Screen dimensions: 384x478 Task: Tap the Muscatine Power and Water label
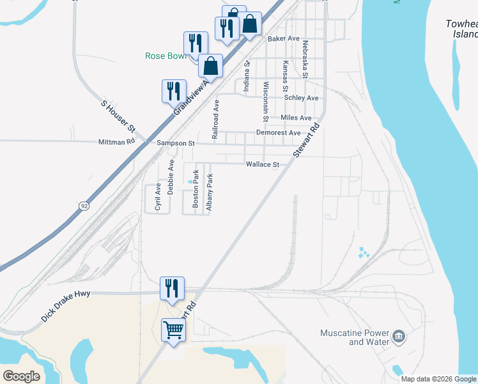click(x=355, y=337)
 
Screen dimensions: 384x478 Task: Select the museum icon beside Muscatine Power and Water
click(x=399, y=336)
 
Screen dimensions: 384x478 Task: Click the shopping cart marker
click(x=174, y=330)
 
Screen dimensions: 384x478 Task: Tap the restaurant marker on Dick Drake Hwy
click(x=172, y=288)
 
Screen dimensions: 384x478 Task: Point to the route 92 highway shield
click(x=84, y=206)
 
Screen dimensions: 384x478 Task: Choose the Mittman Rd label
click(x=117, y=142)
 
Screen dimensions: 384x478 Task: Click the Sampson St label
click(x=176, y=143)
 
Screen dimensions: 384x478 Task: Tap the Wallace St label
click(x=263, y=164)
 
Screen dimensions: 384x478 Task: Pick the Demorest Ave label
click(x=278, y=132)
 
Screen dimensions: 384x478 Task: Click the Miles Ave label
click(x=296, y=118)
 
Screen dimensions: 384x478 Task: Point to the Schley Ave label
click(x=301, y=98)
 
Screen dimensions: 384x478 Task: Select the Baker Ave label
click(x=284, y=38)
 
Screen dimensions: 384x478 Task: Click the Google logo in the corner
click(x=21, y=376)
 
